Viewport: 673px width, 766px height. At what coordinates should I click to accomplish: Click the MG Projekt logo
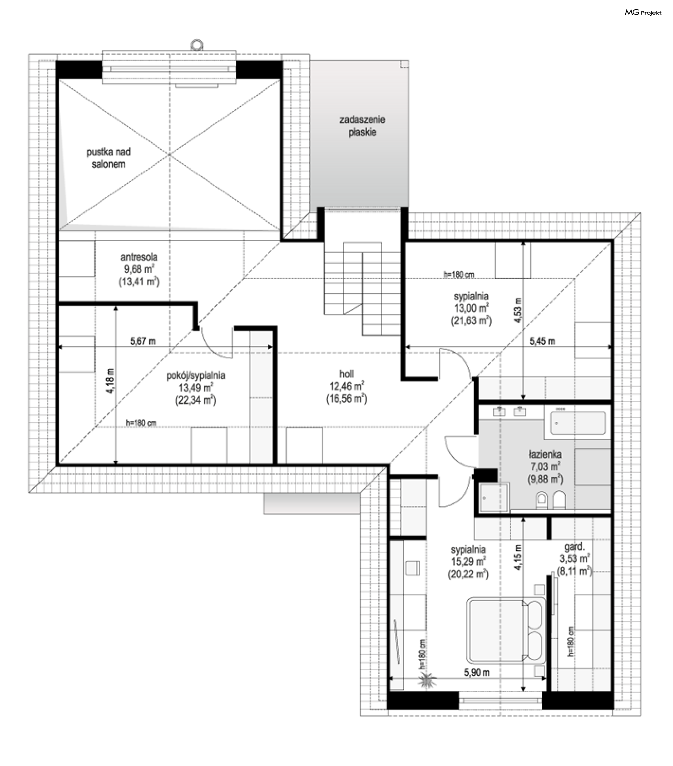[643, 13]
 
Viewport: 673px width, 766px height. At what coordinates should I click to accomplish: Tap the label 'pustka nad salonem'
[109, 158]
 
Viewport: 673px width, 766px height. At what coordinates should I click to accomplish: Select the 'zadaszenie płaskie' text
[362, 126]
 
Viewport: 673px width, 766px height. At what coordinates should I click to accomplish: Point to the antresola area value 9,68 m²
[139, 269]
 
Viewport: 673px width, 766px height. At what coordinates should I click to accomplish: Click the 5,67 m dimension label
[142, 341]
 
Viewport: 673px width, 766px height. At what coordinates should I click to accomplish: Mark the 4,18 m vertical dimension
[110, 380]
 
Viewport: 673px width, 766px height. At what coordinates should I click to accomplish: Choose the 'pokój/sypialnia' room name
[196, 375]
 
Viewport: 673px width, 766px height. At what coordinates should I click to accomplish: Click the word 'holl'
[346, 374]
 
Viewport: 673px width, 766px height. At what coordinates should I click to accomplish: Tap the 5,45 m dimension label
[542, 341]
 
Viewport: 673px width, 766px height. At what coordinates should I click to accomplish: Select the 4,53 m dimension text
[518, 310]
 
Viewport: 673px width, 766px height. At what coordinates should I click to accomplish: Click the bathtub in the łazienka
[578, 423]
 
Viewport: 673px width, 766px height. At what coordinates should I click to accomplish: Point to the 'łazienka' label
[545, 455]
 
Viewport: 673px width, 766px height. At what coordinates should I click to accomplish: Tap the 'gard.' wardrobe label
[574, 547]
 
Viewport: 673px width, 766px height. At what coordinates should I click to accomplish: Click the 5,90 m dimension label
[477, 673]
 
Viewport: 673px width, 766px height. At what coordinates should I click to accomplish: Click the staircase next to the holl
[362, 289]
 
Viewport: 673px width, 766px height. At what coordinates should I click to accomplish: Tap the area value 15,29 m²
[468, 561]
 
